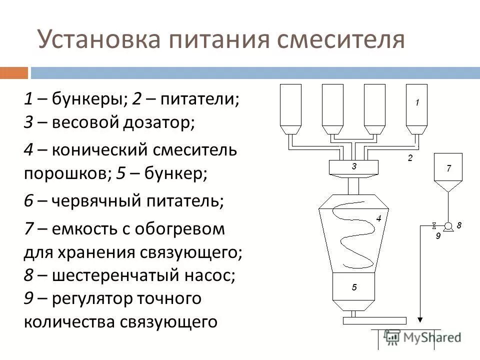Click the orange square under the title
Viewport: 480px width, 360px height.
tap(14, 73)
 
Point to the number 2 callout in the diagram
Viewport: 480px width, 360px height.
tap(409, 158)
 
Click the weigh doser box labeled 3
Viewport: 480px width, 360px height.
tap(354, 167)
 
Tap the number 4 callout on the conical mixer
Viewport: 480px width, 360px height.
tap(378, 218)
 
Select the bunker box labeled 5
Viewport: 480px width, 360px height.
tap(354, 287)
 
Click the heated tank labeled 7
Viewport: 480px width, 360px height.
tap(448, 170)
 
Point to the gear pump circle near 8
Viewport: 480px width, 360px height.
tap(448, 225)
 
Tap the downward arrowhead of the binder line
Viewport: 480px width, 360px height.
tap(420, 318)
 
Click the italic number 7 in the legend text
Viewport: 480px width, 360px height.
tap(28, 229)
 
